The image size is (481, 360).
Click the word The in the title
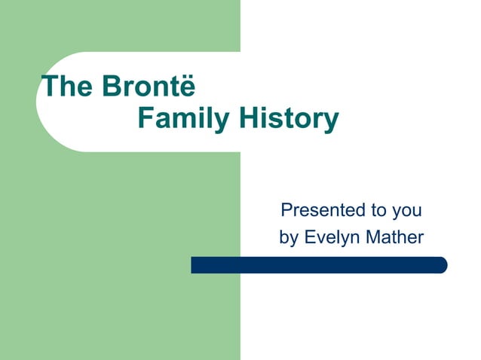tap(63, 87)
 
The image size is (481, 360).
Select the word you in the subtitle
tap(406, 210)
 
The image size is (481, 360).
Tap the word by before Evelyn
tap(289, 238)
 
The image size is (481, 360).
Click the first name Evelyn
tap(329, 238)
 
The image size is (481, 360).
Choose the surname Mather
tap(394, 237)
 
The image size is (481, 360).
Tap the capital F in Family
tap(146, 119)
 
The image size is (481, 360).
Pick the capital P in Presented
tap(285, 209)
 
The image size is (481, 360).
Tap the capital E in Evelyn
tap(309, 237)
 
